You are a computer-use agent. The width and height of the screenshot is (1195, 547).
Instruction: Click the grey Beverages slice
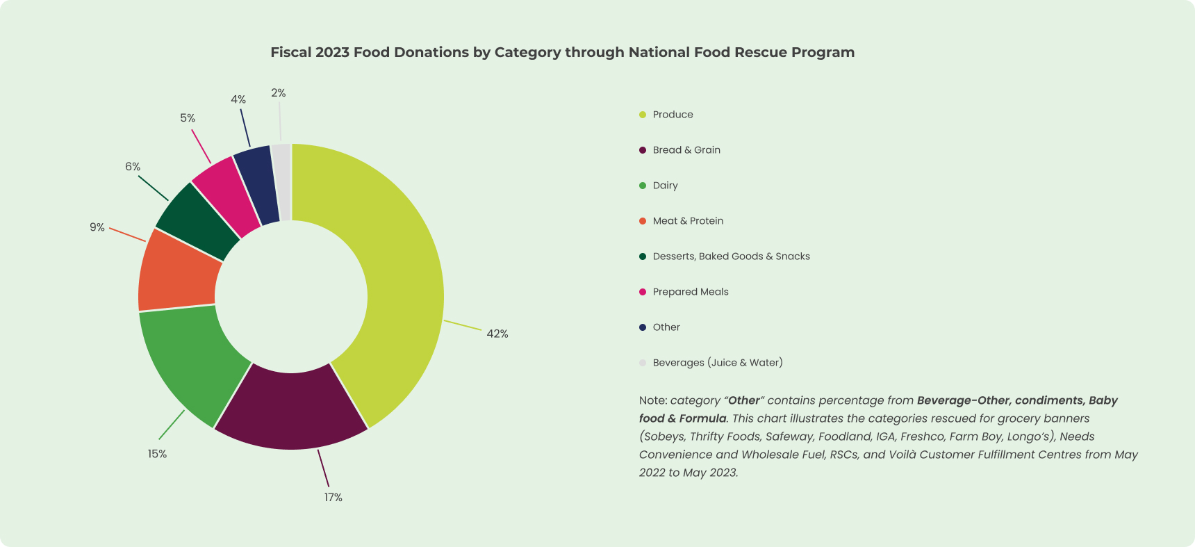pos(282,182)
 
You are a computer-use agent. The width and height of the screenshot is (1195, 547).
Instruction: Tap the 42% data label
pos(497,334)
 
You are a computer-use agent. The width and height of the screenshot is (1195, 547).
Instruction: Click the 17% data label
pos(333,498)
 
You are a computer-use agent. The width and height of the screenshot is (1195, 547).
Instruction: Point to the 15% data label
pos(157,454)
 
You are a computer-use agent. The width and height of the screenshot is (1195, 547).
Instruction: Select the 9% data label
pos(97,227)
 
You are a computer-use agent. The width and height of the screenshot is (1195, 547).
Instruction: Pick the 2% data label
pos(278,93)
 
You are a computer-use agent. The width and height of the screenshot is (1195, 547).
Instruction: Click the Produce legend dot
pos(643,115)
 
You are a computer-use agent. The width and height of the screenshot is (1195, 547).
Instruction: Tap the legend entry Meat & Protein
pos(688,221)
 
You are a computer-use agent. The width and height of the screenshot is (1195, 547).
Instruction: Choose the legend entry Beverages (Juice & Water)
pos(718,363)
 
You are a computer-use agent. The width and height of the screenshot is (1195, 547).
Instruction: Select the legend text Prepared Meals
pos(691,292)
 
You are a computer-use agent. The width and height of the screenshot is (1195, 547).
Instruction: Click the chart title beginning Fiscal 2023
pos(562,52)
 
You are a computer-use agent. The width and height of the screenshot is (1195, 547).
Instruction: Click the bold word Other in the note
pos(743,401)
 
